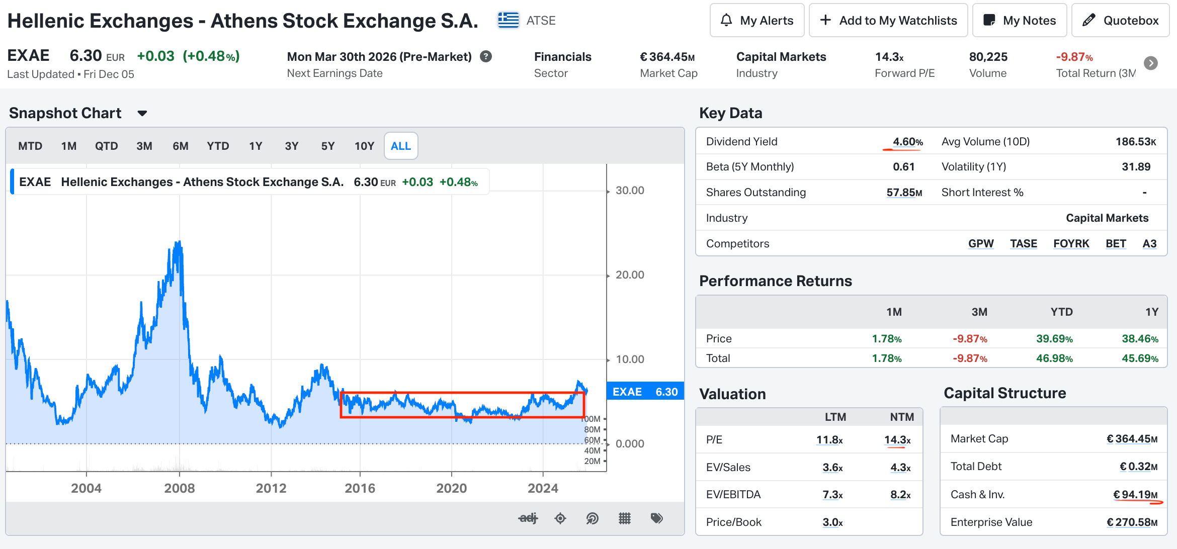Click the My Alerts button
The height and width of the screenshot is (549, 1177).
(757, 21)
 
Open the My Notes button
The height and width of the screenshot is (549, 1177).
(1020, 21)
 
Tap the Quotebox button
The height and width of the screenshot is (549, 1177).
(1121, 21)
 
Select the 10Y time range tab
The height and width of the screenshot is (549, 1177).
(364, 146)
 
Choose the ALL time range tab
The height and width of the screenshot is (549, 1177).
(401, 146)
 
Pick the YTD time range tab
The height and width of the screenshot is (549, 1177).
(218, 146)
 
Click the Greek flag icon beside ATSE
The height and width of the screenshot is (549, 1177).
(509, 21)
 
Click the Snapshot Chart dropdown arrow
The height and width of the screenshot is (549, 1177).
(142, 114)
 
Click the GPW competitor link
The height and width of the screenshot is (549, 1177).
(981, 244)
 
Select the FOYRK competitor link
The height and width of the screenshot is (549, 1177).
(1071, 244)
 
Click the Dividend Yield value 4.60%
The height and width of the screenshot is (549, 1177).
(908, 142)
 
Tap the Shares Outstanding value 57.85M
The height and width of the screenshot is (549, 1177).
(904, 193)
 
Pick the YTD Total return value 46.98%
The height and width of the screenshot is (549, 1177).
(1054, 358)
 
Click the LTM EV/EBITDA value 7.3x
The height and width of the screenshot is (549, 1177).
(832, 495)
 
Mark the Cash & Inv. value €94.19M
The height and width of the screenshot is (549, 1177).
(1135, 495)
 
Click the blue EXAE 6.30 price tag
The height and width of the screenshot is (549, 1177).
(645, 392)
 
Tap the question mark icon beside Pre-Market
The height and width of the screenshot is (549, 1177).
(486, 56)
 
